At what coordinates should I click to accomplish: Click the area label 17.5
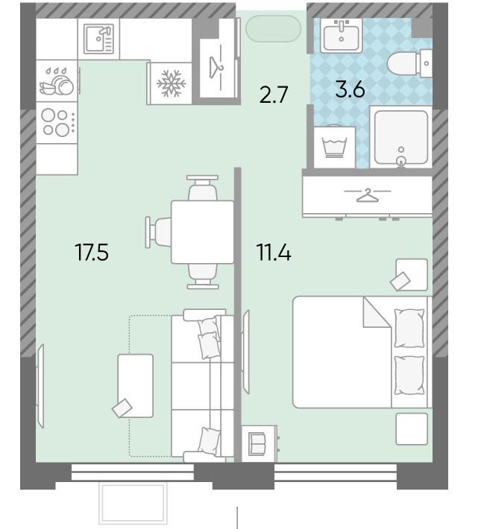pyautogui.click(x=92, y=253)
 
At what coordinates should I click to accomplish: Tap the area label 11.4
pyautogui.click(x=274, y=253)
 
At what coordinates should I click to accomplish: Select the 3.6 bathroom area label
pyautogui.click(x=350, y=89)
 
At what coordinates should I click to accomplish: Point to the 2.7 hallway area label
pyautogui.click(x=274, y=95)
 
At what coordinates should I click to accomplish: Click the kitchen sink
pyautogui.click(x=98, y=39)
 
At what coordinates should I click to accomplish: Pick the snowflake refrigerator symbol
pyautogui.click(x=172, y=83)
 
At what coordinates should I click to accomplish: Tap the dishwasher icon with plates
pyautogui.click(x=57, y=82)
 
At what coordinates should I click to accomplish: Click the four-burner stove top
pyautogui.click(x=57, y=123)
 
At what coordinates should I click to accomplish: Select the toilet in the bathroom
pyautogui.click(x=409, y=63)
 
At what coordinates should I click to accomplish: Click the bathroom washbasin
pyautogui.click(x=341, y=36)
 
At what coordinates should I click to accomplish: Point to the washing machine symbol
pyautogui.click(x=334, y=147)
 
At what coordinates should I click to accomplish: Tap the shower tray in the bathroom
pyautogui.click(x=401, y=136)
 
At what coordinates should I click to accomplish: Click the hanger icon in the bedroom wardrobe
pyautogui.click(x=368, y=195)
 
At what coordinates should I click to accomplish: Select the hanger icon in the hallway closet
pyautogui.click(x=216, y=68)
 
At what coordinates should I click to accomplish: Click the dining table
pyautogui.click(x=202, y=232)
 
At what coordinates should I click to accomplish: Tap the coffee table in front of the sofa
pyautogui.click(x=136, y=386)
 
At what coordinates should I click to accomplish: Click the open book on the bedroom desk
pyautogui.click(x=258, y=443)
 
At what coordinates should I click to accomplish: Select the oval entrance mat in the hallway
pyautogui.click(x=273, y=28)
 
